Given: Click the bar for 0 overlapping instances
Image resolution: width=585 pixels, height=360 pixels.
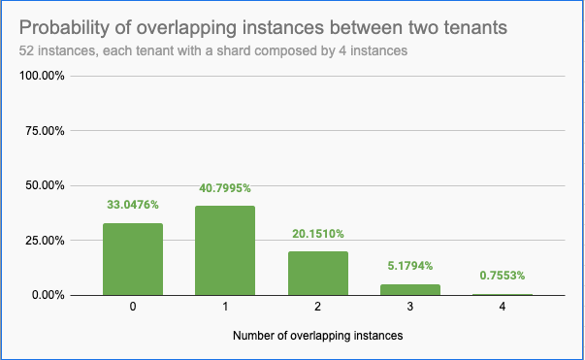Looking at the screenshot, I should coord(133,259).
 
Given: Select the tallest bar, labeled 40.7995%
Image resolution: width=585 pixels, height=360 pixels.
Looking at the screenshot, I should coord(226,250).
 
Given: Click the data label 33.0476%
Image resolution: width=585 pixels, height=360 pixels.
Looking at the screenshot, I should coord(133,205).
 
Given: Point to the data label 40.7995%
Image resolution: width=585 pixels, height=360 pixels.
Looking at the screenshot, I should coord(226,188).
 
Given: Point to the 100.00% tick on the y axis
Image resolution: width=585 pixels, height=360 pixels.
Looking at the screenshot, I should coord(40,76).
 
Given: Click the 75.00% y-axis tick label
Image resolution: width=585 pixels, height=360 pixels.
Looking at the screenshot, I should coord(43,130).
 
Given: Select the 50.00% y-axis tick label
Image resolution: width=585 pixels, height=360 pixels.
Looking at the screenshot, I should coord(43,184).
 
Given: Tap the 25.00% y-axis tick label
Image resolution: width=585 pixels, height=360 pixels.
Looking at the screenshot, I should coord(43,240).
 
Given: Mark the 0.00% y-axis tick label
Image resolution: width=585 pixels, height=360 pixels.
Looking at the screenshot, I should coord(46,294).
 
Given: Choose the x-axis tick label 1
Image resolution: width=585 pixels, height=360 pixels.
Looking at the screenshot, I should coord(226,308).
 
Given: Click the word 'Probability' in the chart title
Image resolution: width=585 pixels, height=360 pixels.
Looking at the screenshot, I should coord(66,27).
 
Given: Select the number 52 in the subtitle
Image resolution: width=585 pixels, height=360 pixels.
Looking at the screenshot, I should coord(26,49).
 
